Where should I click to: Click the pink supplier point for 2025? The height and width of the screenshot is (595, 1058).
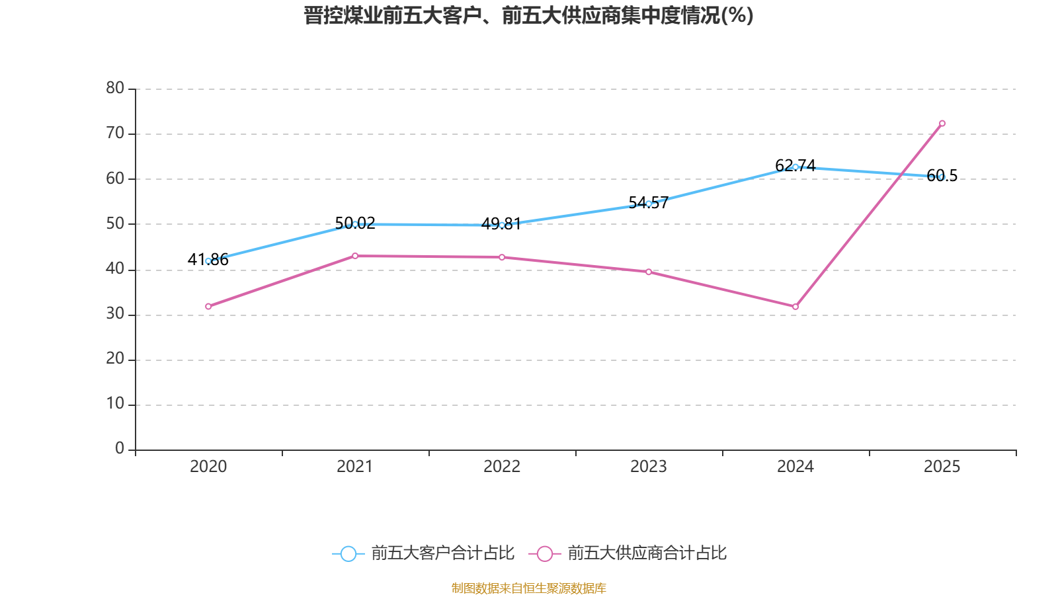click(942, 124)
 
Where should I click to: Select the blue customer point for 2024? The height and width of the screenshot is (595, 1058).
click(795, 167)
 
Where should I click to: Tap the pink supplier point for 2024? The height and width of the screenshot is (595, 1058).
click(795, 307)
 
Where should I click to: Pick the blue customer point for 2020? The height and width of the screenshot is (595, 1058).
click(208, 261)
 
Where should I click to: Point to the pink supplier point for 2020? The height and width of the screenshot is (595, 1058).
click(208, 307)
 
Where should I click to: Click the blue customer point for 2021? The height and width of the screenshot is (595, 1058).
click(355, 224)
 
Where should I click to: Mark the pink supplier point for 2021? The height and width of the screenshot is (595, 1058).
click(355, 256)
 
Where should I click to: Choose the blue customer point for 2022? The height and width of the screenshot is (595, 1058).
click(502, 225)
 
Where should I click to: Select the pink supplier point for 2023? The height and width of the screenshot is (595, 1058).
click(649, 272)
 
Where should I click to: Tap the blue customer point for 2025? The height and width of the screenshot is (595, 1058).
click(942, 177)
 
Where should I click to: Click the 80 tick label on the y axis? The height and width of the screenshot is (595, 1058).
click(115, 88)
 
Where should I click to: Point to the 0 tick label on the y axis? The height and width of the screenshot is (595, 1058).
click(120, 449)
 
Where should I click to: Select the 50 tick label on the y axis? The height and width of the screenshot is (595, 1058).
click(115, 223)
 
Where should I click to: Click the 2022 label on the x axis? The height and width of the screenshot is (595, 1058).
click(502, 467)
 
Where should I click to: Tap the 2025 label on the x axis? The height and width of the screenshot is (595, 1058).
click(942, 467)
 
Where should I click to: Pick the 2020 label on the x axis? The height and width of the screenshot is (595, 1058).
click(208, 467)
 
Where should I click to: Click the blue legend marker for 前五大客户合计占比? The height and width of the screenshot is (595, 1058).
click(348, 553)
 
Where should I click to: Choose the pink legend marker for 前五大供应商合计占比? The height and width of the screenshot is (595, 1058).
click(544, 553)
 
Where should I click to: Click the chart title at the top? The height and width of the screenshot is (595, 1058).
click(528, 15)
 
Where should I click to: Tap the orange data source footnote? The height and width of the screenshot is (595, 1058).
click(528, 588)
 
